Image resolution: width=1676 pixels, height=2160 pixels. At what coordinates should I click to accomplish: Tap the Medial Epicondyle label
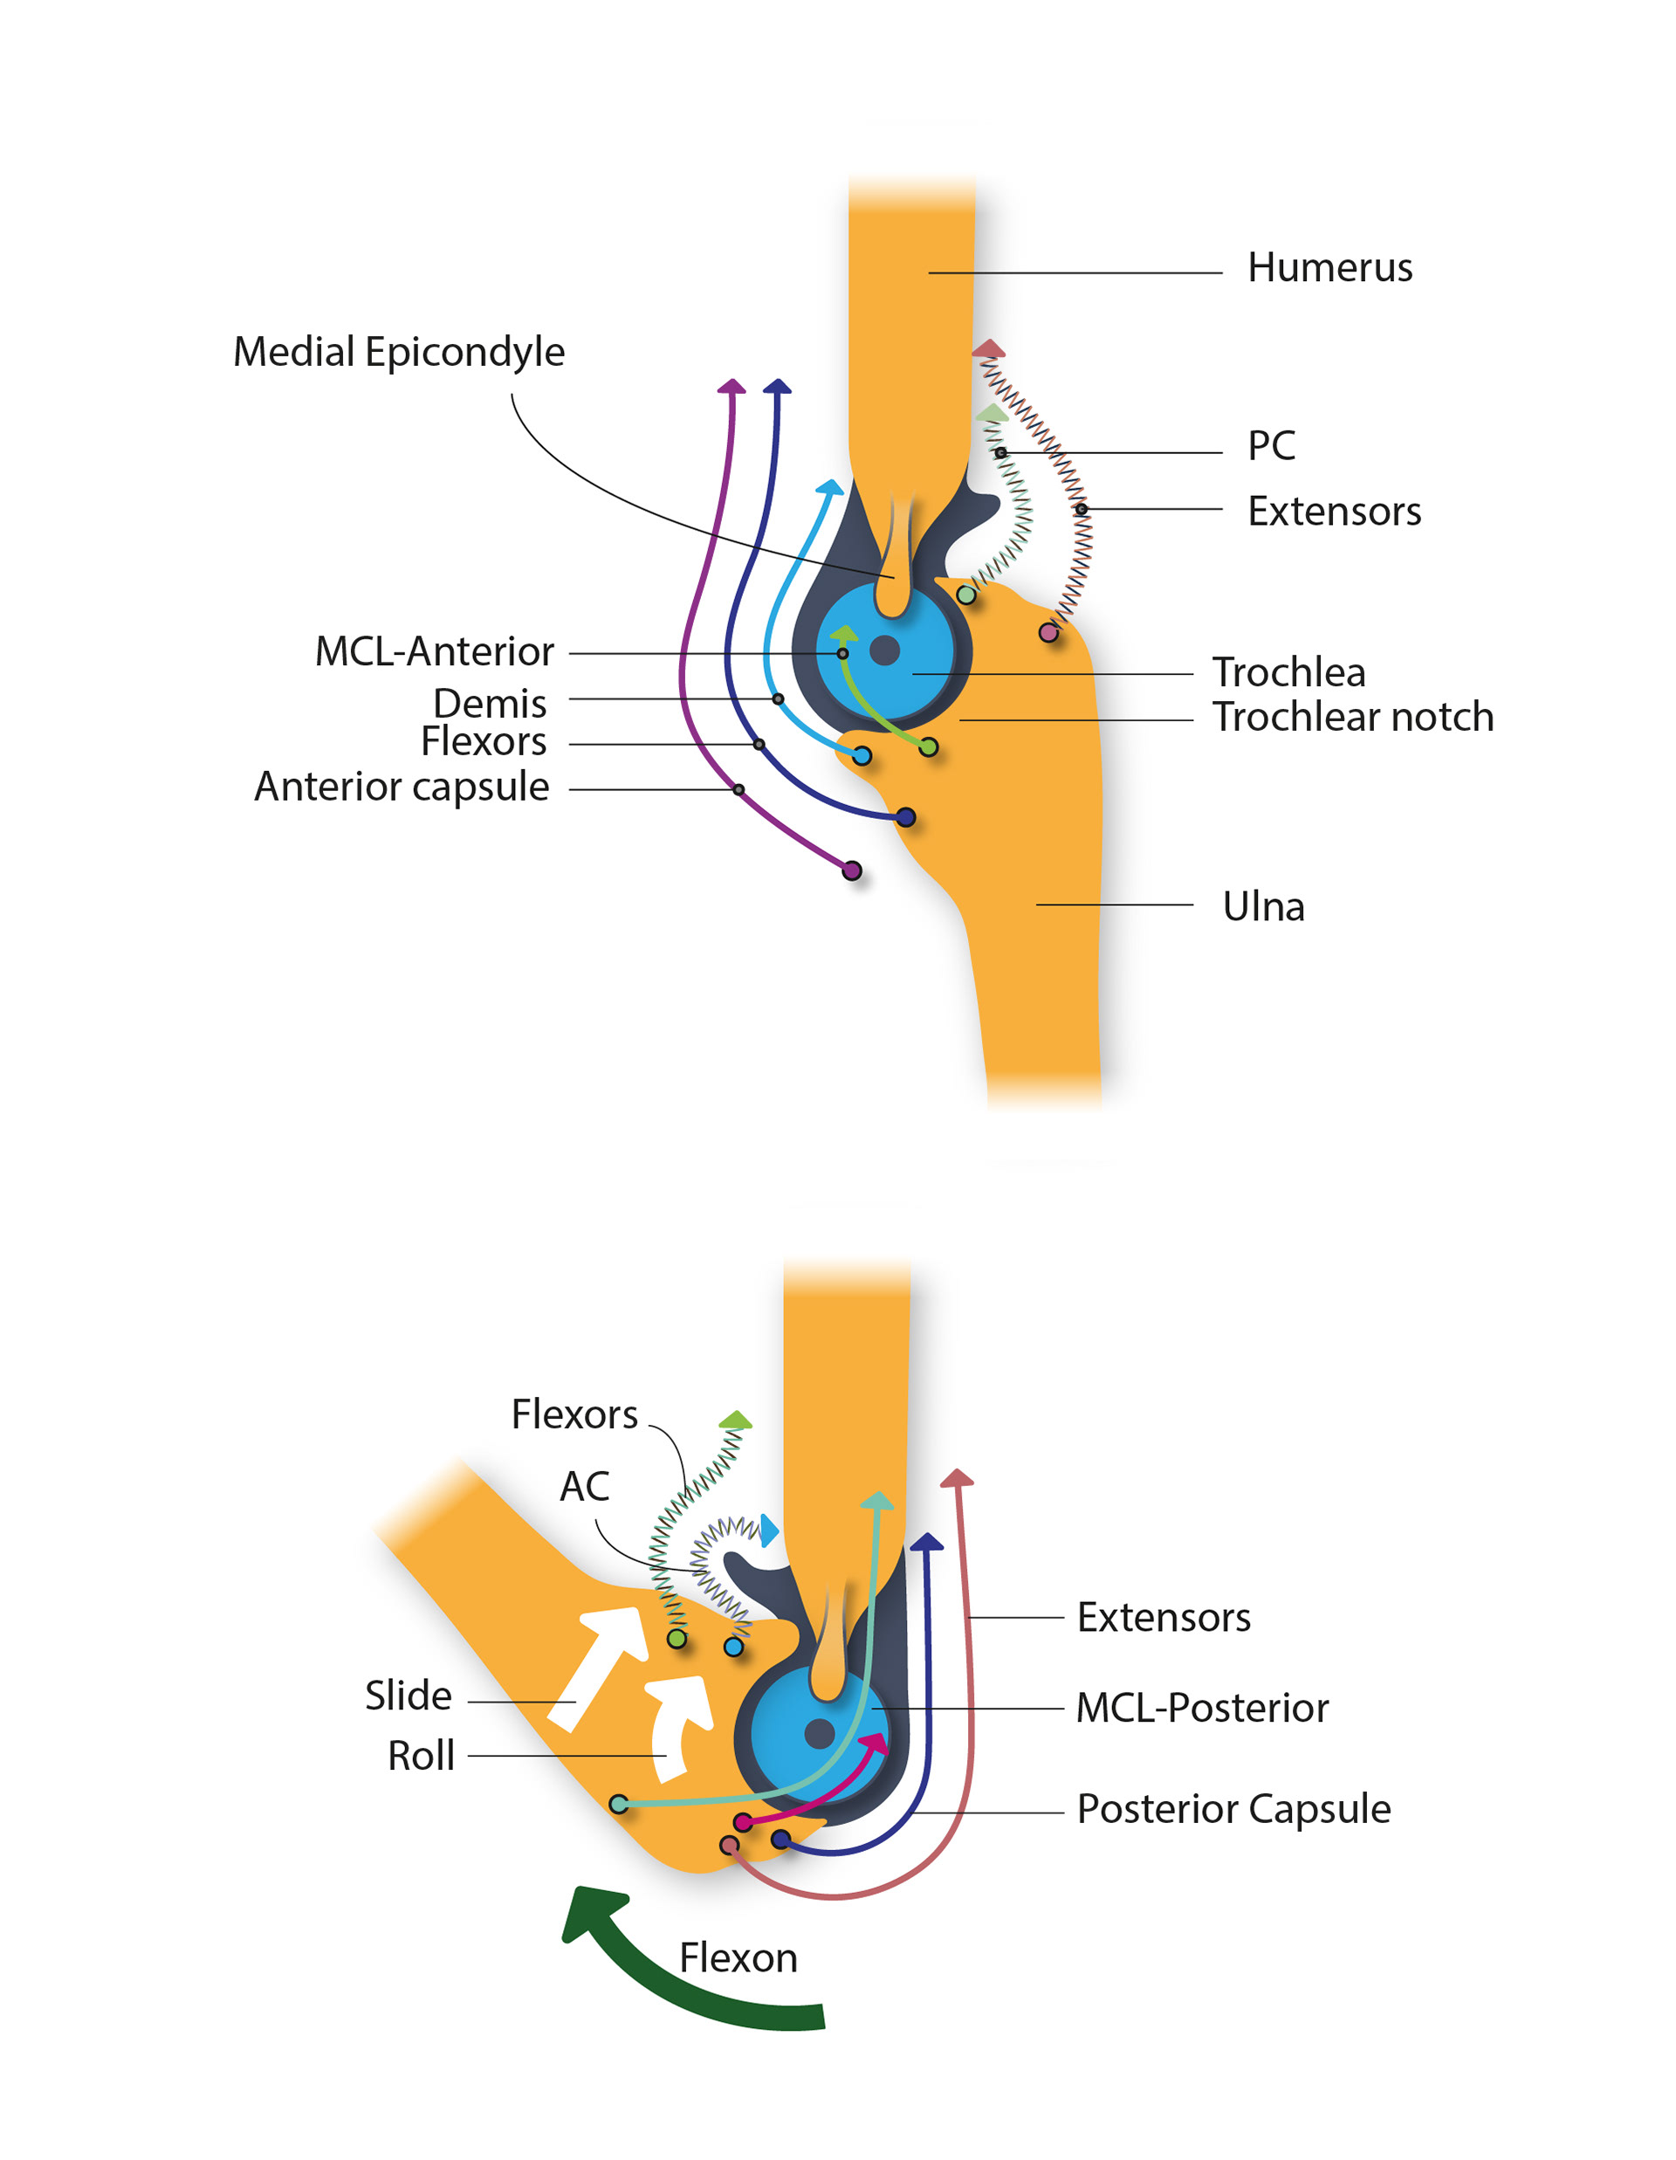tap(398, 352)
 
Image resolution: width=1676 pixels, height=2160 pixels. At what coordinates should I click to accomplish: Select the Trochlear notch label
tap(1351, 717)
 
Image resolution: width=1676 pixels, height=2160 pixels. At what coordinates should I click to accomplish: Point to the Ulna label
tap(1263, 906)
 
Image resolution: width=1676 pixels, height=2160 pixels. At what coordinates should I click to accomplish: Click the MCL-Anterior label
tap(434, 652)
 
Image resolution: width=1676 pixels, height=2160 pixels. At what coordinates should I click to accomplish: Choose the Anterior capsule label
tap(402, 788)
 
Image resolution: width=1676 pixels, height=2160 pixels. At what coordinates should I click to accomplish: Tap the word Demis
tap(490, 703)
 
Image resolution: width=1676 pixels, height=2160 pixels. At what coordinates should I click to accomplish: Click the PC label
tap(1271, 446)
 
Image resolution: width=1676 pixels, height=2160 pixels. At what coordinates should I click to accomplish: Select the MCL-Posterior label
tap(1201, 1708)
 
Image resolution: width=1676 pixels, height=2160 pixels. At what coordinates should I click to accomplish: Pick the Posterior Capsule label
tap(1233, 1809)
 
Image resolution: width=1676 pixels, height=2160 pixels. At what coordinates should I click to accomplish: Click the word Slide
tap(408, 1696)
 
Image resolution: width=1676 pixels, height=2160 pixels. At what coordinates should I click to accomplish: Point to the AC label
tap(584, 1487)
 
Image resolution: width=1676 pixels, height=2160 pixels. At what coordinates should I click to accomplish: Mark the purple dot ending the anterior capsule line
tap(851, 870)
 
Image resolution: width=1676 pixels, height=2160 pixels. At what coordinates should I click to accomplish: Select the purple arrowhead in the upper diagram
tap(731, 386)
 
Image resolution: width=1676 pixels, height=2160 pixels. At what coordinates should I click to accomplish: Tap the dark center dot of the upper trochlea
tap(884, 650)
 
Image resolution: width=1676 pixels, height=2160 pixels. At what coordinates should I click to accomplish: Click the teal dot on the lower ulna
tap(619, 1803)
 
